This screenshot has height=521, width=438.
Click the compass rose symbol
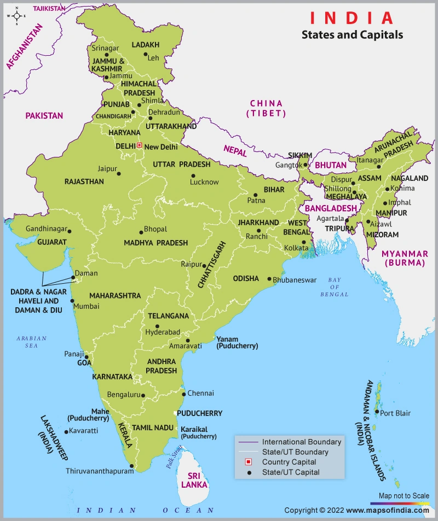[16, 16]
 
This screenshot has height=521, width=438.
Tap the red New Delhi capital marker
[139, 145]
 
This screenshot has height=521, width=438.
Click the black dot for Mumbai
[72, 300]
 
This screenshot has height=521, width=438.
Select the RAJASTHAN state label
[84, 181]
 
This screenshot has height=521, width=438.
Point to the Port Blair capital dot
[377, 412]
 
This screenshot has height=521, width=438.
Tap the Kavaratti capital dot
[66, 432]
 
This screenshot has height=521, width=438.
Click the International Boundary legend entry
[301, 442]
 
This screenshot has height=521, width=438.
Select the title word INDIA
[351, 17]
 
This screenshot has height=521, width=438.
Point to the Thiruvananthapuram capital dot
[131, 466]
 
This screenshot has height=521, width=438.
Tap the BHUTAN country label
[331, 165]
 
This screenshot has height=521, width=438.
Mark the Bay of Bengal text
[335, 287]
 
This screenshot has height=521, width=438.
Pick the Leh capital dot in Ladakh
[145, 54]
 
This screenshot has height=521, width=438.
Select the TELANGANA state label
[168, 316]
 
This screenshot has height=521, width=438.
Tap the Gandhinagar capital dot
[70, 231]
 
